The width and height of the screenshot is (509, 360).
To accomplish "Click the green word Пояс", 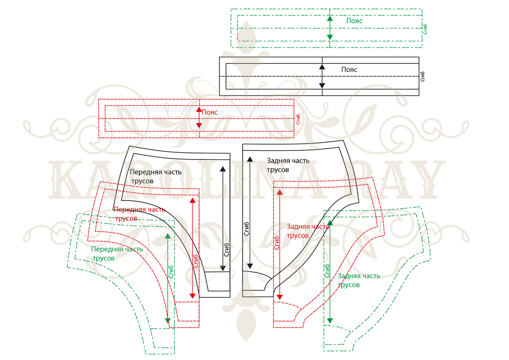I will click(x=354, y=21).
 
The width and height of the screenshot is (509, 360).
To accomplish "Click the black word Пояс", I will click(x=349, y=69).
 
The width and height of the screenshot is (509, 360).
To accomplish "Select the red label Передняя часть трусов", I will click(x=136, y=214).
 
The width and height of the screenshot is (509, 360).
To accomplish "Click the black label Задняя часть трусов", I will click(x=287, y=165).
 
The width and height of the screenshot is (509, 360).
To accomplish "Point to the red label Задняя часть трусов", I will click(x=307, y=231).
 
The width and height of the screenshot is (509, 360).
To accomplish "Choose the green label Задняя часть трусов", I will click(x=358, y=280).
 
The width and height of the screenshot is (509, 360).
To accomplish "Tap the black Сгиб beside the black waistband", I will click(x=423, y=76).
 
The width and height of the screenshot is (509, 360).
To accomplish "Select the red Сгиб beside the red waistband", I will click(x=298, y=119).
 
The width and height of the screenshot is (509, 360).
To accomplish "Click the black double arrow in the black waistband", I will click(x=322, y=76).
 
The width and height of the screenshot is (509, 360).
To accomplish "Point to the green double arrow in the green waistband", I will click(x=330, y=27).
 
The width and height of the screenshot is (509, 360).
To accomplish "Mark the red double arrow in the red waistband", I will click(x=199, y=117).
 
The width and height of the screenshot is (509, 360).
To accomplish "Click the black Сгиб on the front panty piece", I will click(x=226, y=251).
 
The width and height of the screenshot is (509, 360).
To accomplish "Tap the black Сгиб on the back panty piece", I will click(x=247, y=229).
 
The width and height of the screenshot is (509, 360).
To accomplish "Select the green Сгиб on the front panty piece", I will click(x=172, y=272).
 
